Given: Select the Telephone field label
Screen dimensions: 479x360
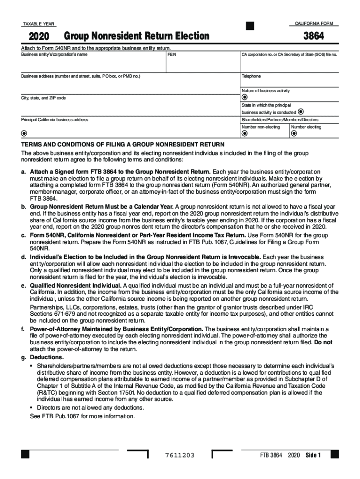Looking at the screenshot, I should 251,76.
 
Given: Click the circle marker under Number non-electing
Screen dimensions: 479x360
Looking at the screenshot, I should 244,134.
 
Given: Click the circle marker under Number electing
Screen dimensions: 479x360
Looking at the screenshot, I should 294,134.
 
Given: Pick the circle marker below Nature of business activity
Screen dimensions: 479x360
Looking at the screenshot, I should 244,97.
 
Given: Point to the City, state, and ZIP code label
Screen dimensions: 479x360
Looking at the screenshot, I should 43,98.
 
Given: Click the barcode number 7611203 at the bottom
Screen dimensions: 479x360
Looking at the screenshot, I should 180,456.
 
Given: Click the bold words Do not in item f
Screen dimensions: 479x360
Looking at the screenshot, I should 323,342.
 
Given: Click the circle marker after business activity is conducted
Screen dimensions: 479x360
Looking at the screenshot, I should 301,112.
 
